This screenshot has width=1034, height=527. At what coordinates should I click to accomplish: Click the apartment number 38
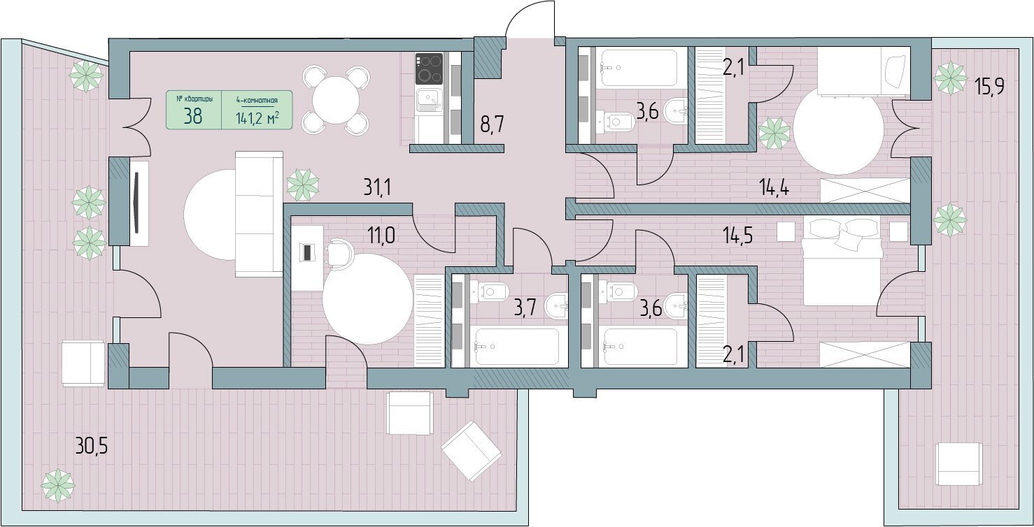pyautogui.click(x=193, y=117)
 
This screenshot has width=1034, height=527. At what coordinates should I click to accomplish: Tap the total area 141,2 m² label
pyautogui.click(x=257, y=119)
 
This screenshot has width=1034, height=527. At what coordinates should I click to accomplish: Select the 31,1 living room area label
pyautogui.click(x=377, y=187)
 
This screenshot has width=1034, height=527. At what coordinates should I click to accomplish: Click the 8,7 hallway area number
pyautogui.click(x=492, y=124)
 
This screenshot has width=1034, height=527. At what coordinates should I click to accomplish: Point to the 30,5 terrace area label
pyautogui.click(x=91, y=447)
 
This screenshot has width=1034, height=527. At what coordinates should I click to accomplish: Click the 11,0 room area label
pyautogui.click(x=381, y=236)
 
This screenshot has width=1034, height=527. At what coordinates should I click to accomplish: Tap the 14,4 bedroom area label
pyautogui.click(x=774, y=188)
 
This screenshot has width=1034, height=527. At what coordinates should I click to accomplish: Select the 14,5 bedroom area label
pyautogui.click(x=738, y=236)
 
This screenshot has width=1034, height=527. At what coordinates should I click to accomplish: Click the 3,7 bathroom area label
pyautogui.click(x=525, y=308)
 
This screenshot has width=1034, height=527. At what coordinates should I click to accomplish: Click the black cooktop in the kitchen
pyautogui.click(x=429, y=68)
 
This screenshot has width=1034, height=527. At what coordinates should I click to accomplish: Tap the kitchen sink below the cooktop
pyautogui.click(x=430, y=101)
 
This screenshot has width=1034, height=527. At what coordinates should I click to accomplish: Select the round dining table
pyautogui.click(x=336, y=100)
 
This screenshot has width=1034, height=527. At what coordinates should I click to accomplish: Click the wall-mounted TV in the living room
pyautogui.click(x=136, y=203)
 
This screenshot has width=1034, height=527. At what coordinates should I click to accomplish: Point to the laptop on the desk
pyautogui.click(x=307, y=252)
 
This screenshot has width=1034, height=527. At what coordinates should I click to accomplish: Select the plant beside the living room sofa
pyautogui.click(x=303, y=185)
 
